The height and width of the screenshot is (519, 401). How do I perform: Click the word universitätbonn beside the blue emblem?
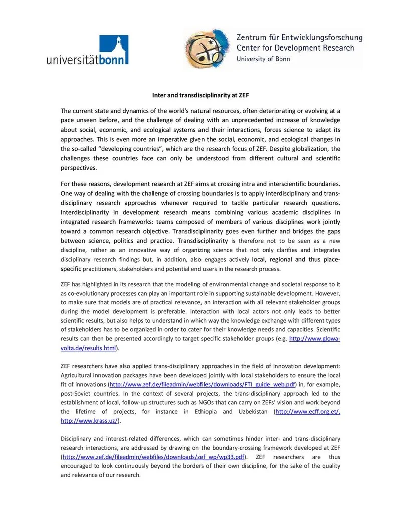pyautogui.click(x=87, y=60)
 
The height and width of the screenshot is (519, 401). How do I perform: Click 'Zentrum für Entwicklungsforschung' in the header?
pyautogui.click(x=299, y=38)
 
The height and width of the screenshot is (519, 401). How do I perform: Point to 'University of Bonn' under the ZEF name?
pyautogui.click(x=263, y=59)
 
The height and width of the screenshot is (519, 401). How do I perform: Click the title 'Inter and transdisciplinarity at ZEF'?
pyautogui.click(x=200, y=95)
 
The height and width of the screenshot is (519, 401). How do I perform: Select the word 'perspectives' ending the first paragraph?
pyautogui.click(x=79, y=167)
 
